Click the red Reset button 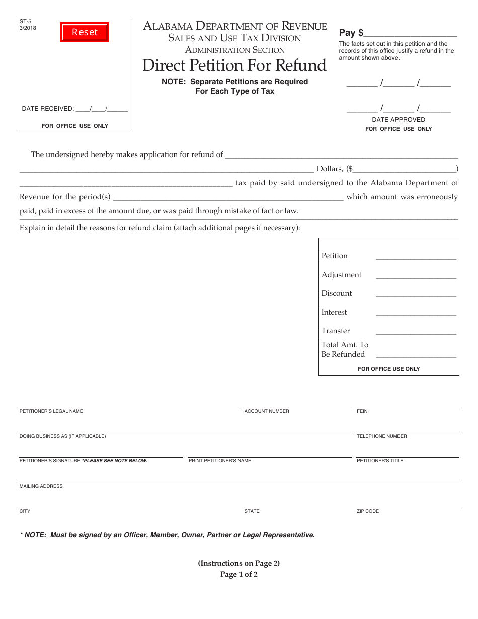[x=85, y=32]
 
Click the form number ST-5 [x=25, y=21]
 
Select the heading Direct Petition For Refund [x=234, y=66]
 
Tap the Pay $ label [x=351, y=33]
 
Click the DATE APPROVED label [x=399, y=120]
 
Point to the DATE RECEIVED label [x=48, y=109]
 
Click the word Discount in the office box [x=337, y=293]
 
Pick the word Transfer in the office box [x=336, y=331]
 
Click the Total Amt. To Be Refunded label [x=345, y=349]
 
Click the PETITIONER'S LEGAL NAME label [x=51, y=411]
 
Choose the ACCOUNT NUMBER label [x=267, y=411]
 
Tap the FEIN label [x=362, y=411]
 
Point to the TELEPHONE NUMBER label [x=382, y=436]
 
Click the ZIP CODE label [x=368, y=511]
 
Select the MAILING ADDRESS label [x=41, y=486]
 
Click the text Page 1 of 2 [x=239, y=574]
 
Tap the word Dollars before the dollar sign [x=330, y=169]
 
